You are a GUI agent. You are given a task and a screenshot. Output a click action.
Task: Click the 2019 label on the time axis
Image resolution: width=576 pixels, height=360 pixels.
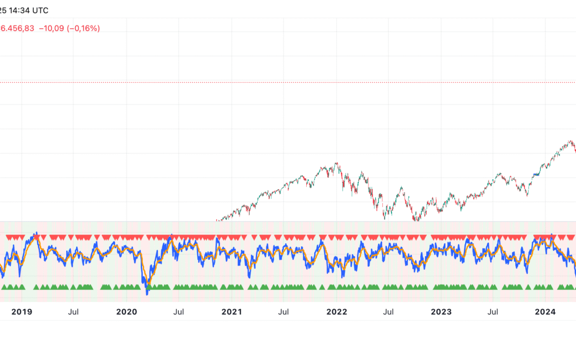point(21,312)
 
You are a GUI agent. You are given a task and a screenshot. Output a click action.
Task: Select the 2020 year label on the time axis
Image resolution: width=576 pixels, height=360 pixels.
point(126,312)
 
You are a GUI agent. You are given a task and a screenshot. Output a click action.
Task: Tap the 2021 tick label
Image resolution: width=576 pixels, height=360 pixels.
point(231,312)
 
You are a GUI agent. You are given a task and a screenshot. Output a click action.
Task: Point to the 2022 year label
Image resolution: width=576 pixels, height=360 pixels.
point(337,312)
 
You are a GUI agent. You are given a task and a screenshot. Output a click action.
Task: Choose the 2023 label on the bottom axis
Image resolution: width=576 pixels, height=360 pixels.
point(441,312)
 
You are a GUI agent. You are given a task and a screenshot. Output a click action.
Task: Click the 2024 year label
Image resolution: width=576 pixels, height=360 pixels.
point(546,312)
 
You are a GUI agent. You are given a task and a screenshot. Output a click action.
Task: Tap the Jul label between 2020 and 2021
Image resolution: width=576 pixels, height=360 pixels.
point(179,312)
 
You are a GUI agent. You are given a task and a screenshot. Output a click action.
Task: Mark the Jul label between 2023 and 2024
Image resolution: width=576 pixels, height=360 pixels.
point(494,312)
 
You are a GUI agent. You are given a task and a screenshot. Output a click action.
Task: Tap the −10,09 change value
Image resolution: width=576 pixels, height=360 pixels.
point(51,28)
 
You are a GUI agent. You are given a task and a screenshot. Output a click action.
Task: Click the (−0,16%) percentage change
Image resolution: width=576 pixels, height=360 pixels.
point(83,28)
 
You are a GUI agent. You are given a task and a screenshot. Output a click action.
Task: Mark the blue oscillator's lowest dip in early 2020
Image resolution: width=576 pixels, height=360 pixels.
point(147,292)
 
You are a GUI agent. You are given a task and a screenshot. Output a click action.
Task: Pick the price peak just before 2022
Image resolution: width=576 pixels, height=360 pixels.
point(337,163)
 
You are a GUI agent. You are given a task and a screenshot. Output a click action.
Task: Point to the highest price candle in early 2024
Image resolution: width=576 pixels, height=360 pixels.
point(570,141)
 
